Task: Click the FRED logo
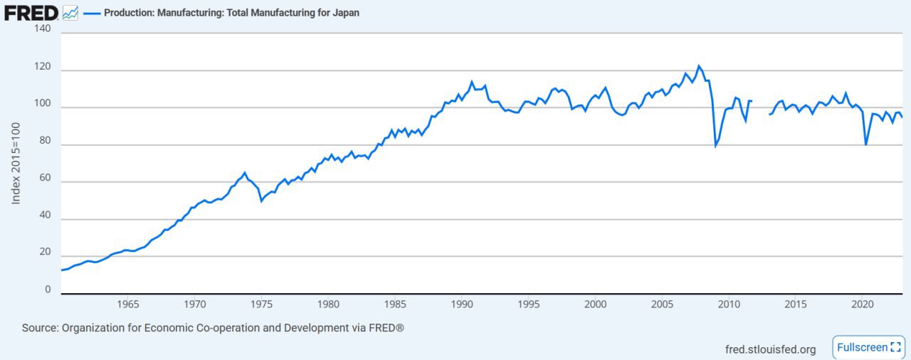(31, 12)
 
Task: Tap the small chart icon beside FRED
(70, 12)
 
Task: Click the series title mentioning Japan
(231, 13)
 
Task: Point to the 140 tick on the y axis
(42, 28)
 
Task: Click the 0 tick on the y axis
(48, 290)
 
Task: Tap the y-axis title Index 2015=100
(16, 162)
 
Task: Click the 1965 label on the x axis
(127, 305)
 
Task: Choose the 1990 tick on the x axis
(461, 305)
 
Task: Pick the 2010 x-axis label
(728, 305)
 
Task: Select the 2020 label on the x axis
(862, 305)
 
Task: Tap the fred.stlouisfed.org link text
(770, 349)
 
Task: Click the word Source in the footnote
(39, 328)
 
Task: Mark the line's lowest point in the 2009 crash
(715, 146)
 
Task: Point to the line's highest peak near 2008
(698, 65)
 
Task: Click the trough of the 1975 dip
(261, 201)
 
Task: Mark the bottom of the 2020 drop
(866, 145)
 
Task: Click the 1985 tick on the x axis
(394, 305)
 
